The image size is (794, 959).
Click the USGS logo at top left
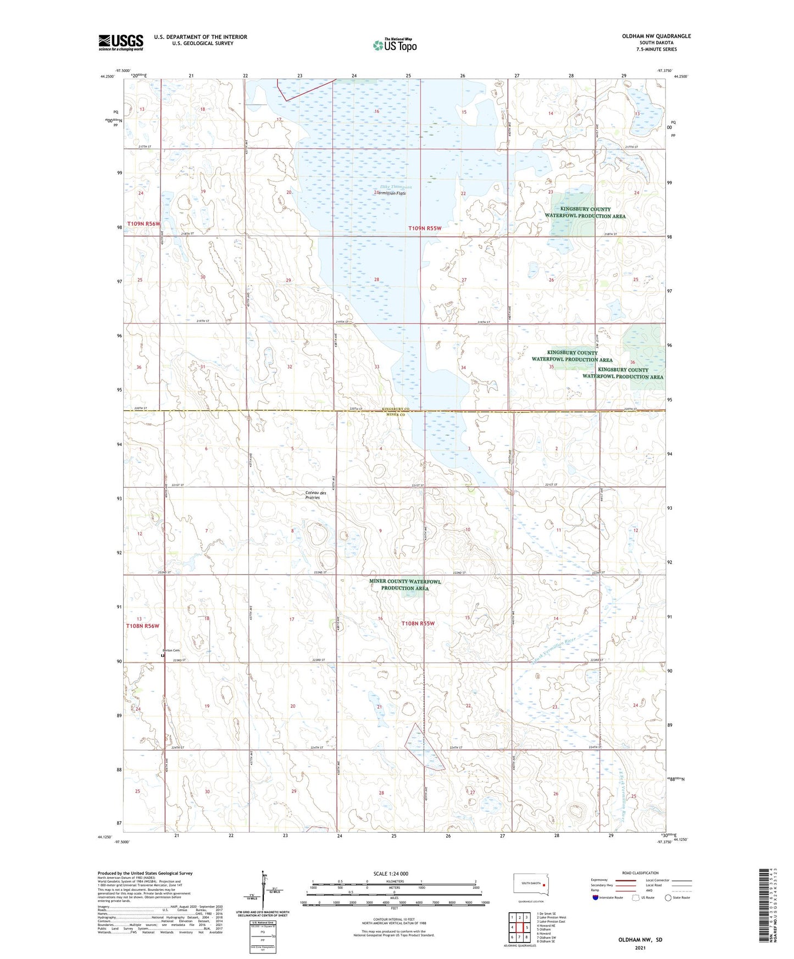tap(121, 42)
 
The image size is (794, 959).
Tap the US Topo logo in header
tap(395, 45)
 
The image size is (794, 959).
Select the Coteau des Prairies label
tap(316, 495)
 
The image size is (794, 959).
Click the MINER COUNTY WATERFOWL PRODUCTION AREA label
tap(405, 584)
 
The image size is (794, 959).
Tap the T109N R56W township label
tap(143, 224)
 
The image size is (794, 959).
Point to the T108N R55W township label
tap(418, 623)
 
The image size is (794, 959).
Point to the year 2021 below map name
tap(640, 948)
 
